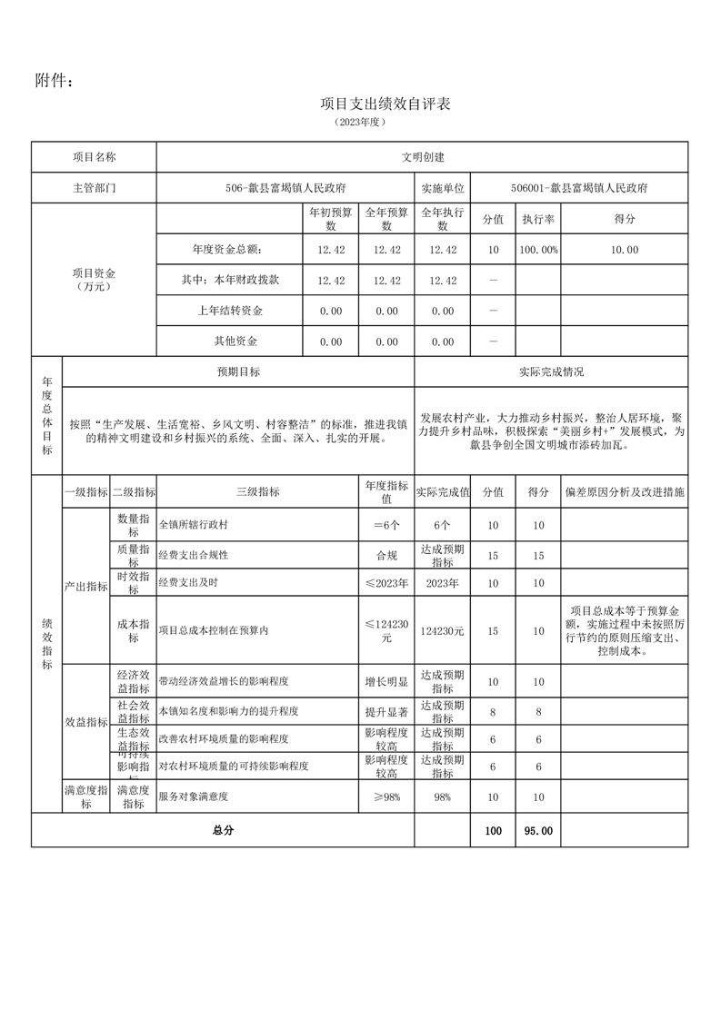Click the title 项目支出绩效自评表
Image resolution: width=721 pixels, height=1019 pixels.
tap(386, 104)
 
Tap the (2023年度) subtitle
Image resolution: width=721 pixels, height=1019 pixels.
tap(361, 121)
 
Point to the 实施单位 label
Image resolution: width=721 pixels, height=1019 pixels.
tap(443, 188)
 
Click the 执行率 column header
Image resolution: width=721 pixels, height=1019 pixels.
tap(538, 219)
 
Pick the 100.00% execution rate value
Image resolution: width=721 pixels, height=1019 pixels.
tap(538, 250)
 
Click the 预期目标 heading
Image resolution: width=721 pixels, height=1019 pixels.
tap(238, 371)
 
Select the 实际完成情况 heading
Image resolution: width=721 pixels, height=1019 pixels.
tap(551, 371)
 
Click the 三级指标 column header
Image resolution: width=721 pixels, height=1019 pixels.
tap(257, 491)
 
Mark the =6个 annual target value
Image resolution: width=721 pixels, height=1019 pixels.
tap(386, 525)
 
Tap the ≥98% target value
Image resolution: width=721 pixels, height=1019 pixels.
tap(386, 796)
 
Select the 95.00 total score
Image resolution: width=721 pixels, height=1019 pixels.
tap(538, 830)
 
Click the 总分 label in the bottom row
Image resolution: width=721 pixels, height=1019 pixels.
tap(223, 830)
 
